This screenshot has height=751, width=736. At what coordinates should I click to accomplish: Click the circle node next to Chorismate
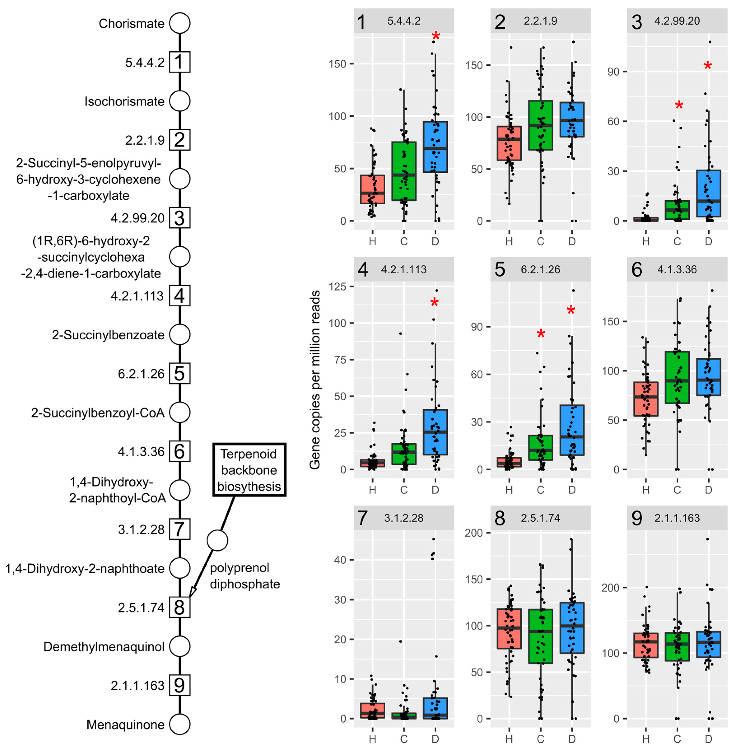click(180, 23)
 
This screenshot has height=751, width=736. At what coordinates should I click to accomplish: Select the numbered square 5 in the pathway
click(180, 374)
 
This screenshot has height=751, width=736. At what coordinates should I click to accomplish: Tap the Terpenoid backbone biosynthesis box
click(249, 470)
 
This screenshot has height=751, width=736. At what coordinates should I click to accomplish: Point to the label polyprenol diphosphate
click(245, 576)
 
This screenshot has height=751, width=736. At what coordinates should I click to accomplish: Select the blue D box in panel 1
click(435, 147)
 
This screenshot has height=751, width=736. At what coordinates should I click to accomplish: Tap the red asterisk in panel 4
click(434, 303)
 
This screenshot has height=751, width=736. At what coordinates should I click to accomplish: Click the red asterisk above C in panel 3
click(679, 105)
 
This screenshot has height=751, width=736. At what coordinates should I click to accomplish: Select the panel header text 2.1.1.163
click(677, 518)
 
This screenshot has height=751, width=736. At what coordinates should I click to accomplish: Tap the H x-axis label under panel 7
click(372, 739)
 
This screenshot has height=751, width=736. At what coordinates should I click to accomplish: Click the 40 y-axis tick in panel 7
click(340, 560)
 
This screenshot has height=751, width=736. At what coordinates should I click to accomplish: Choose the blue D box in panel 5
click(572, 430)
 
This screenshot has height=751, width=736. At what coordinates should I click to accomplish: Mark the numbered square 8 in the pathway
click(180, 607)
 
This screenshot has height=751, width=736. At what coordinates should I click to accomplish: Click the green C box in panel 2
click(540, 125)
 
